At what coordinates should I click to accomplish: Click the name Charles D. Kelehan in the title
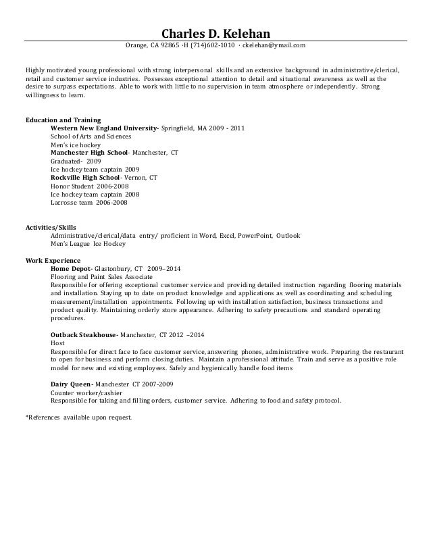(215, 33)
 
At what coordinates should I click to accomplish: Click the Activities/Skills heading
(51, 228)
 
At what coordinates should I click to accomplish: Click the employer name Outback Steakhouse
(84, 335)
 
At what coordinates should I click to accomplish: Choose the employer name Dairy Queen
(71, 384)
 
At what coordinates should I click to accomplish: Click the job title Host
(58, 344)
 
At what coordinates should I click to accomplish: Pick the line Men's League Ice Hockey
(89, 244)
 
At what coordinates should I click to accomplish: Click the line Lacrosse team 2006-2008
(88, 202)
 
